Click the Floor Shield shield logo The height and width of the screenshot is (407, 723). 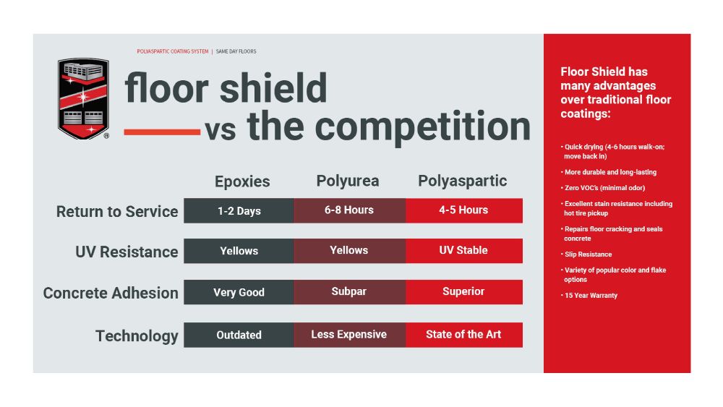83,98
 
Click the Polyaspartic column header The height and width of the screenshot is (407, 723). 463,181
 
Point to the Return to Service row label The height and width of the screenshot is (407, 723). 117,212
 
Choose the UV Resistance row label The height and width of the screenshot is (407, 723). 127,252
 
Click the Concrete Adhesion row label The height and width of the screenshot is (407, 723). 111,293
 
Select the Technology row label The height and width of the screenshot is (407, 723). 137,335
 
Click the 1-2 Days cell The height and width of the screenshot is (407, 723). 239,210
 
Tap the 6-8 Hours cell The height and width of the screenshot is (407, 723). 349,210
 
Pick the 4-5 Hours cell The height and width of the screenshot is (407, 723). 463,210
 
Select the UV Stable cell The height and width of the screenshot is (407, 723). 463,251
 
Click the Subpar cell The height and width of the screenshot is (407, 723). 349,292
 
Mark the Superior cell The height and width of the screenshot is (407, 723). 463,292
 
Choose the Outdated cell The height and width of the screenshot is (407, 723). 239,335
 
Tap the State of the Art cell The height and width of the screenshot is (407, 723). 463,335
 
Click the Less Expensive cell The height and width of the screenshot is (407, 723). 349,335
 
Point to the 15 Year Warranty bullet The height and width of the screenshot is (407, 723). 591,296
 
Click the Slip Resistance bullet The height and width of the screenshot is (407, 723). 588,254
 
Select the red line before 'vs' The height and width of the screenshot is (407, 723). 162,132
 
